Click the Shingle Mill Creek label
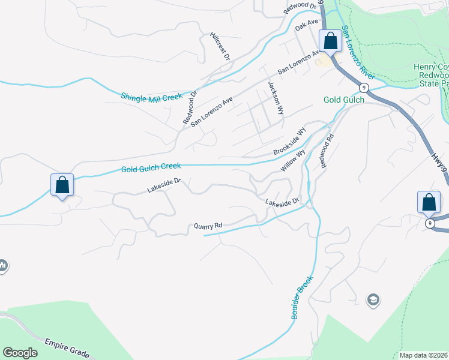click(151, 97)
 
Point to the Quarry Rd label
click(208, 226)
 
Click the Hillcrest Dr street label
click(220, 46)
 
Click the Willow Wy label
click(293, 161)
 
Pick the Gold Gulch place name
click(343, 100)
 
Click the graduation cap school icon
click(373, 299)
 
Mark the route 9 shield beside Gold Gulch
click(365, 88)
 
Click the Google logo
click(20, 353)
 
